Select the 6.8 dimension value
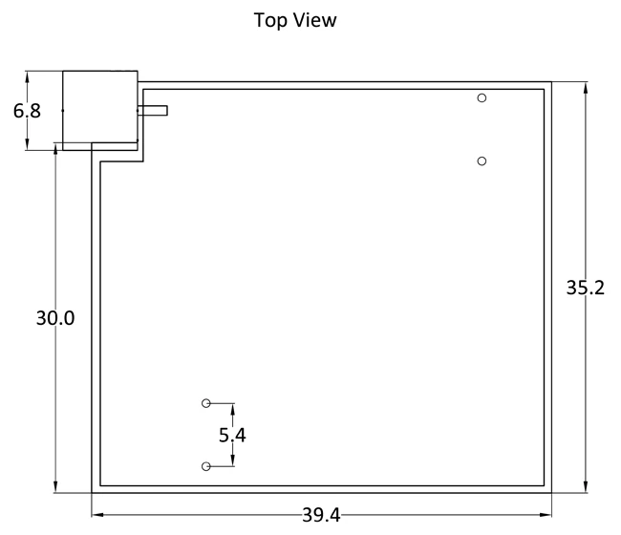[x=27, y=111]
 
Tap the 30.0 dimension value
[x=55, y=318]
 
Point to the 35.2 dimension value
[x=586, y=288]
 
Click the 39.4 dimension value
[x=321, y=516]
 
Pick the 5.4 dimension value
[x=232, y=436]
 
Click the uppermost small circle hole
[x=482, y=97]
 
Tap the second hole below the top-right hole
[x=482, y=161]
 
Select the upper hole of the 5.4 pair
[x=206, y=403]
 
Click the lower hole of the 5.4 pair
[x=206, y=466]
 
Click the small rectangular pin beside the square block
[x=153, y=111]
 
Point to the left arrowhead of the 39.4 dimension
[x=97, y=515]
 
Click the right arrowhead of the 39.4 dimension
[x=546, y=515]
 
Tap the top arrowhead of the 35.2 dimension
[x=586, y=88]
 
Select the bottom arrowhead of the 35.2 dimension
[x=586, y=486]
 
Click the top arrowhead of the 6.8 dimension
[x=27, y=77]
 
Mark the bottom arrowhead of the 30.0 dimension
[x=55, y=486]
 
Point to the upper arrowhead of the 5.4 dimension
[x=232, y=409]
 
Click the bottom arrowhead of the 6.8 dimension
[x=27, y=144]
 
